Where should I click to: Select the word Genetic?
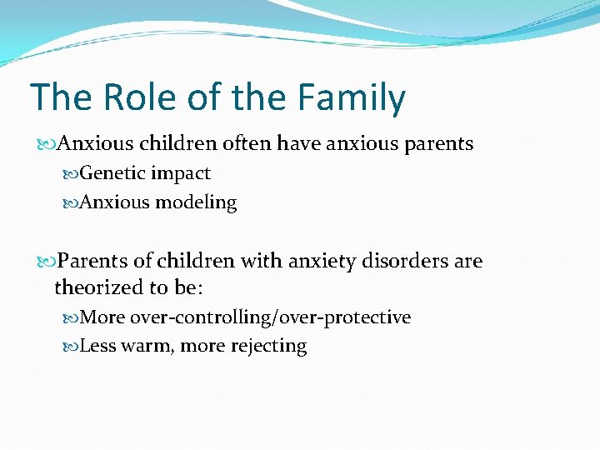(x=112, y=173)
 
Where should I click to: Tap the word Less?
(x=98, y=346)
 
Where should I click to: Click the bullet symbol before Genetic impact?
(x=72, y=174)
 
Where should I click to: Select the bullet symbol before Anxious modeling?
(x=72, y=203)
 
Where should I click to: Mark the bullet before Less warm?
(x=72, y=347)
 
